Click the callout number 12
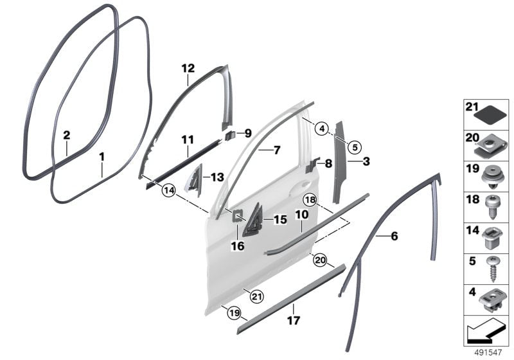coord(188,67)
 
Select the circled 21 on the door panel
coord(257,296)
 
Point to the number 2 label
coord(66,135)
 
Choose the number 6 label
coord(394,237)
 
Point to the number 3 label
coord(366,161)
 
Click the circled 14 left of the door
coord(168,190)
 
